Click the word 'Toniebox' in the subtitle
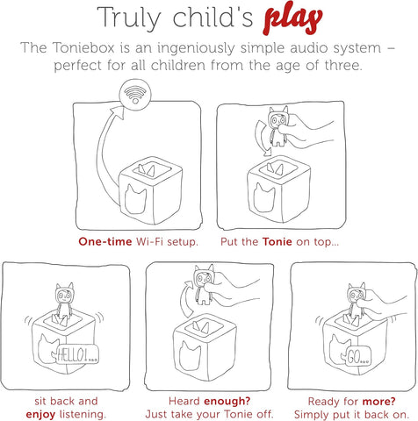click(x=126, y=48)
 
